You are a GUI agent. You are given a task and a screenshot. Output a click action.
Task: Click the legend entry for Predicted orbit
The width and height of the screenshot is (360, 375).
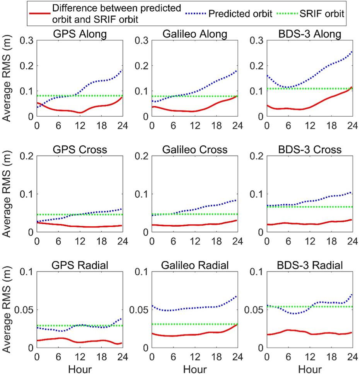click(x=236, y=13)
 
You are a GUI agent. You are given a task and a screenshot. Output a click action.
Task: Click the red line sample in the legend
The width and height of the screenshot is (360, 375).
click(x=40, y=13)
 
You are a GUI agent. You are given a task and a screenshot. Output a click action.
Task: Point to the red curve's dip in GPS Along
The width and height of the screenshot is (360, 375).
click(x=80, y=112)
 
